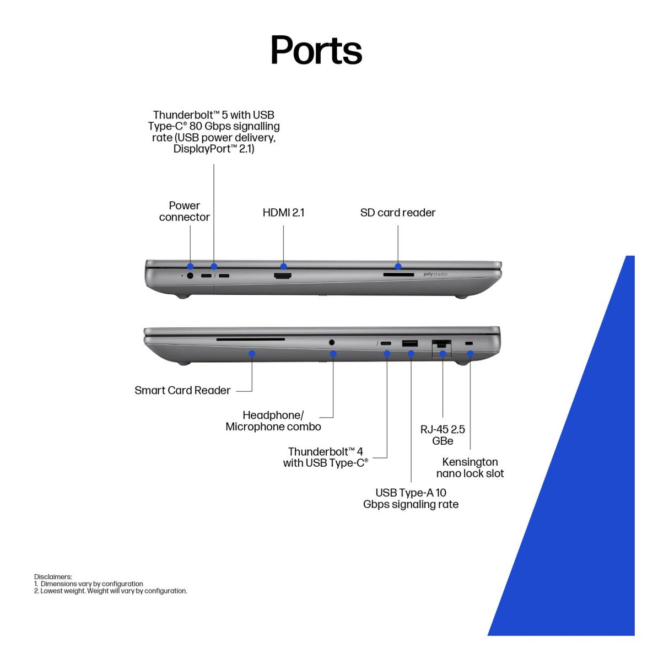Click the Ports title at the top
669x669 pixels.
pyautogui.click(x=316, y=50)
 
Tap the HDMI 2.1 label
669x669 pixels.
pyautogui.click(x=283, y=213)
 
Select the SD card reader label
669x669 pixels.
pyautogui.click(x=397, y=213)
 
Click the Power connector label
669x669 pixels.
pyautogui.click(x=185, y=211)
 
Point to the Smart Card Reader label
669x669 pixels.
pyautogui.click(x=182, y=390)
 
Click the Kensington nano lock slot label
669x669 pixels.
pyautogui.click(x=470, y=467)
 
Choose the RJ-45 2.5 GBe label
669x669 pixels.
pyautogui.click(x=443, y=435)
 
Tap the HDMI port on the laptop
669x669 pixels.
pyautogui.click(x=283, y=276)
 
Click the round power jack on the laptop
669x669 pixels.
pyautogui.click(x=190, y=276)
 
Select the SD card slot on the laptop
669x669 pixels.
pyautogui.click(x=398, y=274)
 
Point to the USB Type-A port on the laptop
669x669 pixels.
pyautogui.click(x=409, y=343)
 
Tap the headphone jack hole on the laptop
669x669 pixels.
pyautogui.click(x=332, y=342)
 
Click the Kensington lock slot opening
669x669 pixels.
pyautogui.click(x=468, y=343)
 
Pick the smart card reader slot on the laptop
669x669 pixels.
pyautogui.click(x=250, y=339)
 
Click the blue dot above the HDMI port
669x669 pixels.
pyautogui.click(x=284, y=266)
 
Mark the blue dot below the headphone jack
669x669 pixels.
pyautogui.click(x=333, y=354)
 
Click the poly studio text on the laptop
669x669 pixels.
pyautogui.click(x=435, y=274)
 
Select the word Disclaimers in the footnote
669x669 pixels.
pyautogui.click(x=53, y=576)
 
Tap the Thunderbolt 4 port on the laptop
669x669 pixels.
pyautogui.click(x=386, y=343)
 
